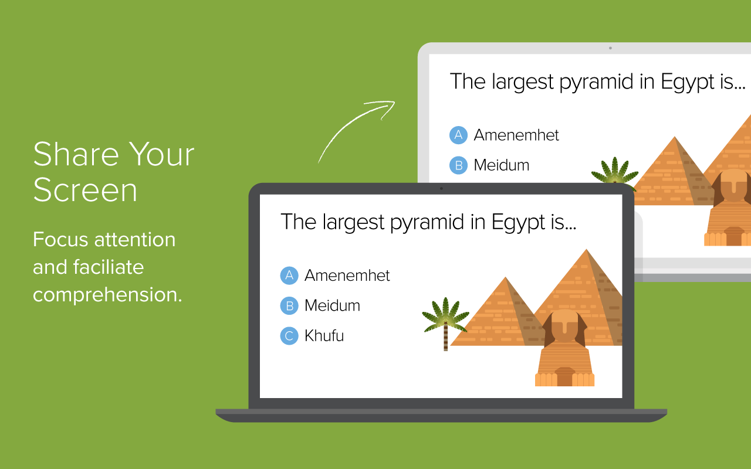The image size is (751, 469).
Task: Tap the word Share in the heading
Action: point(76,154)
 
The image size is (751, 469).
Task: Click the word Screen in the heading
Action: point(85,190)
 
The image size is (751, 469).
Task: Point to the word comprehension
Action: point(107,295)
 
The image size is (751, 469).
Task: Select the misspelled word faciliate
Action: point(109,267)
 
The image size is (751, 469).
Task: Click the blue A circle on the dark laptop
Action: point(289,276)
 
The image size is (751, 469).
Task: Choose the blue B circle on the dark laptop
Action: point(289,305)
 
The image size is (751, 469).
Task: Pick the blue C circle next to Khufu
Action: point(289,336)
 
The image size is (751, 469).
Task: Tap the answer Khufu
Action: point(324,336)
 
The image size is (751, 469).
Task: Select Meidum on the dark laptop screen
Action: point(332,305)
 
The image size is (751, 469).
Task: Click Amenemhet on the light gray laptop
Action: point(516,135)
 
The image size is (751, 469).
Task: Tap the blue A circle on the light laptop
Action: point(458,135)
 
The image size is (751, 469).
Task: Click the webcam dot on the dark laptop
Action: point(441,189)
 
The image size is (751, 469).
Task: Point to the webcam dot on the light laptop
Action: point(610,48)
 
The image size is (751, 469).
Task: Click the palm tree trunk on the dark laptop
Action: point(445,337)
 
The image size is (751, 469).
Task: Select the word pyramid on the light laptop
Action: point(596,82)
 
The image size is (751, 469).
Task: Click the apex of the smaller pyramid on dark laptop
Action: point(506,277)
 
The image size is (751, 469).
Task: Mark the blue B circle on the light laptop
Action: point(458,165)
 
